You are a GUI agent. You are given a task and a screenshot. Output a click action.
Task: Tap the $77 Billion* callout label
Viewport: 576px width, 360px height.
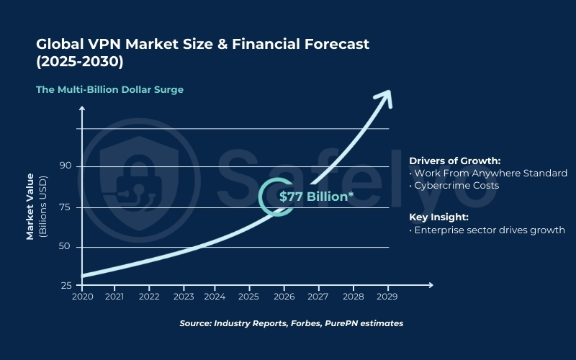click(316, 197)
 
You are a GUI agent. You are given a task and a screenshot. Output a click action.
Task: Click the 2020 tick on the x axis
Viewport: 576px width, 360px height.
click(82, 296)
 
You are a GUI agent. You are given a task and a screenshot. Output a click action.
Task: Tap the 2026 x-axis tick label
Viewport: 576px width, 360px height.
click(284, 296)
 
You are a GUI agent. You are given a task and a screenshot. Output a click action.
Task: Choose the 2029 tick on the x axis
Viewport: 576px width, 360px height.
click(388, 296)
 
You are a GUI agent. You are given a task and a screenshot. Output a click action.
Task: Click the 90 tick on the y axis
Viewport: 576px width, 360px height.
click(66, 166)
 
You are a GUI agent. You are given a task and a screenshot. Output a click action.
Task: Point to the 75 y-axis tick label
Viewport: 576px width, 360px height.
click(66, 207)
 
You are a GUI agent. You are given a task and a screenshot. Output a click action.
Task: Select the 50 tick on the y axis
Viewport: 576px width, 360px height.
click(66, 247)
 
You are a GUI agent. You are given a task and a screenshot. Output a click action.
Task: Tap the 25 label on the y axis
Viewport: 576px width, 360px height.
click(66, 286)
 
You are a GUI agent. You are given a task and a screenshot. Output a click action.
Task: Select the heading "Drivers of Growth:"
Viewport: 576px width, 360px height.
click(454, 161)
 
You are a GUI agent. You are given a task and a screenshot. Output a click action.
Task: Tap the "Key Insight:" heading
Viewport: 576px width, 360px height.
click(438, 217)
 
